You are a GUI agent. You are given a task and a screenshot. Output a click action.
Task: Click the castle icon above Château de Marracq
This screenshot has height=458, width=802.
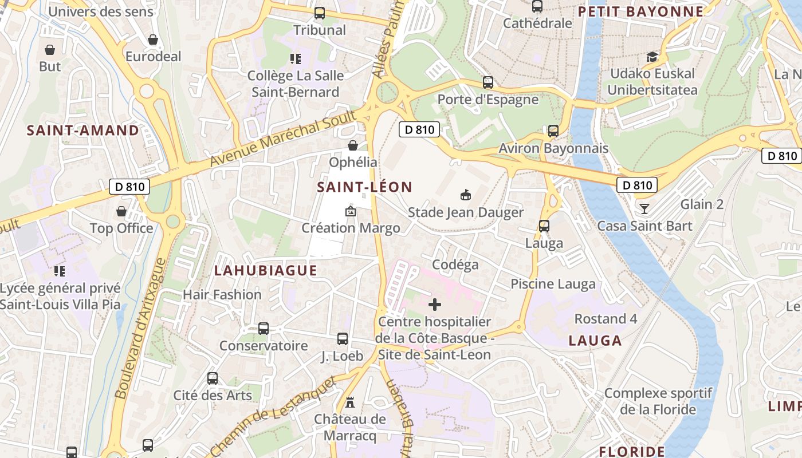point(350,402)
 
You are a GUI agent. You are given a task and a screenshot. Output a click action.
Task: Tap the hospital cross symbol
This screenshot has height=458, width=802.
point(435,305)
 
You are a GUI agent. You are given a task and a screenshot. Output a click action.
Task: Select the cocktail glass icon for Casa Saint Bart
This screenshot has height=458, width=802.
point(644,208)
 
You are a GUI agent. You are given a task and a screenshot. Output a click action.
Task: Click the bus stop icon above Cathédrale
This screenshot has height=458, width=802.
point(537,6)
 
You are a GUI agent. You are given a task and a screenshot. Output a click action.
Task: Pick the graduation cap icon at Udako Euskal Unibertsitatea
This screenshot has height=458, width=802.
point(652,57)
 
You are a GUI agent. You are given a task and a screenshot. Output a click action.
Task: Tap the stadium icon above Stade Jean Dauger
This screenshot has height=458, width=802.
point(466,195)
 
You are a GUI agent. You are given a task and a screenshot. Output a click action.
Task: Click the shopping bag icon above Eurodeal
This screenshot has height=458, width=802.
point(153,40)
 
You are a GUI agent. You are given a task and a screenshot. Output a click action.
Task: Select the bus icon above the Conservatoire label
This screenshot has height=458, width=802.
point(264,329)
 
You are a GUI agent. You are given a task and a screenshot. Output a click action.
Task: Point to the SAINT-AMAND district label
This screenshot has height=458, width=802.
point(83,131)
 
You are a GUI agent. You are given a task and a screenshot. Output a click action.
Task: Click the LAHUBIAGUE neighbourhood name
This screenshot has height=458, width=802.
point(265,271)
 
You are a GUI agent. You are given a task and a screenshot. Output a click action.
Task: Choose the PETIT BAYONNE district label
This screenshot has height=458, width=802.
point(640,12)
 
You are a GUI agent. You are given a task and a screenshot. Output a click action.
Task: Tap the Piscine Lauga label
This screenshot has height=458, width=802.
point(553,284)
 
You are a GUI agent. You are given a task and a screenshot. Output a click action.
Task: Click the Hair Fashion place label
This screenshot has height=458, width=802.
point(222,295)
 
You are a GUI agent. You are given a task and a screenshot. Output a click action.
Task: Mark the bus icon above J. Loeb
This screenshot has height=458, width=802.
point(343,339)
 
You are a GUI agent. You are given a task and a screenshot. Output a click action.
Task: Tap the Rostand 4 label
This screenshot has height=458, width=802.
point(606,319)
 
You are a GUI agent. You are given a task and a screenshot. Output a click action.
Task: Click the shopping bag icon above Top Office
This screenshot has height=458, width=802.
point(121,212)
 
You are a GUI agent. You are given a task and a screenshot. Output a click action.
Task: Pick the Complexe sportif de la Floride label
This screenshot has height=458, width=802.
point(658,401)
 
